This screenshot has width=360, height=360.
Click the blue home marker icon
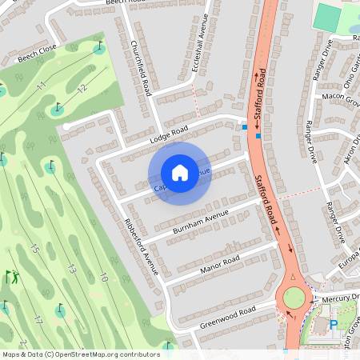[180, 173]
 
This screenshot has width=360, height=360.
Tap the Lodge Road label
[168, 135]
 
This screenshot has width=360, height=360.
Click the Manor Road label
[220, 265]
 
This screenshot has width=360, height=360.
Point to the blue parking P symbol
[333, 325]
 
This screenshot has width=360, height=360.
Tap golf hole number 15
[34, 249]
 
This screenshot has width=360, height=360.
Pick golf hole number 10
[104, 277]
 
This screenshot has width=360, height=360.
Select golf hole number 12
[81, 90]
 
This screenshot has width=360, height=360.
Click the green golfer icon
[13, 278]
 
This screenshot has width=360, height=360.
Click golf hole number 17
[38, 319]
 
